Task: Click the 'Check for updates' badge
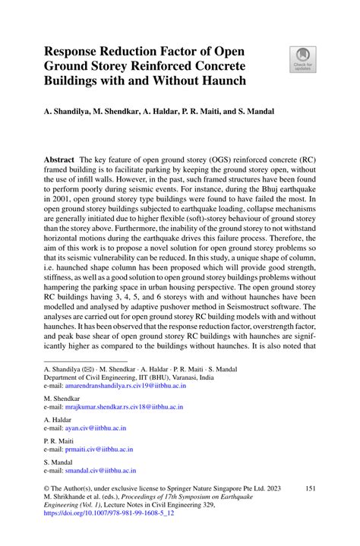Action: click(302, 59)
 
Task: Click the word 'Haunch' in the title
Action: click(227, 79)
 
